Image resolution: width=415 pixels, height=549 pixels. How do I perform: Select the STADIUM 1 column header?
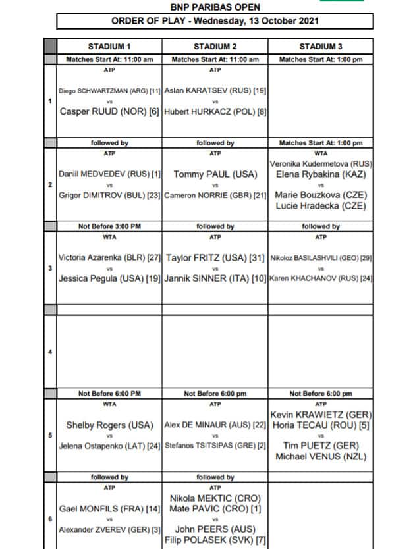109,47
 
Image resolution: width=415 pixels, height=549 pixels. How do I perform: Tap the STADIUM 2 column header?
215,47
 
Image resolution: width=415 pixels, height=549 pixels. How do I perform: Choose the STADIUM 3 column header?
321,47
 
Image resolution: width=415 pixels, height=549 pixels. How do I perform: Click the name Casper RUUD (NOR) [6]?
109,112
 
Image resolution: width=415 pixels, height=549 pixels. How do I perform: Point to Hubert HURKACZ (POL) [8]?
215,112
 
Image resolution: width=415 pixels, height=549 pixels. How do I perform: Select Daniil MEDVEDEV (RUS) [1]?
109,175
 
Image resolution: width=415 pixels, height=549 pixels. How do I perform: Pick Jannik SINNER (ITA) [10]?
215,279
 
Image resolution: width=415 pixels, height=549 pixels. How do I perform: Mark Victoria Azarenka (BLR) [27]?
109,258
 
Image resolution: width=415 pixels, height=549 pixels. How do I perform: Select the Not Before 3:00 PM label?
109,226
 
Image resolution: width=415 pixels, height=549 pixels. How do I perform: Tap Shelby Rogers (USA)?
109,425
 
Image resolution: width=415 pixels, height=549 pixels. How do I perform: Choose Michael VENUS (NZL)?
321,457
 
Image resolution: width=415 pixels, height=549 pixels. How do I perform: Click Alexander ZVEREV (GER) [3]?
109,529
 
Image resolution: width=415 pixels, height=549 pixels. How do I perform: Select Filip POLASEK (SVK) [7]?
215,540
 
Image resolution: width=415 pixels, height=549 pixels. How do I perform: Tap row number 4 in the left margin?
50,352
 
